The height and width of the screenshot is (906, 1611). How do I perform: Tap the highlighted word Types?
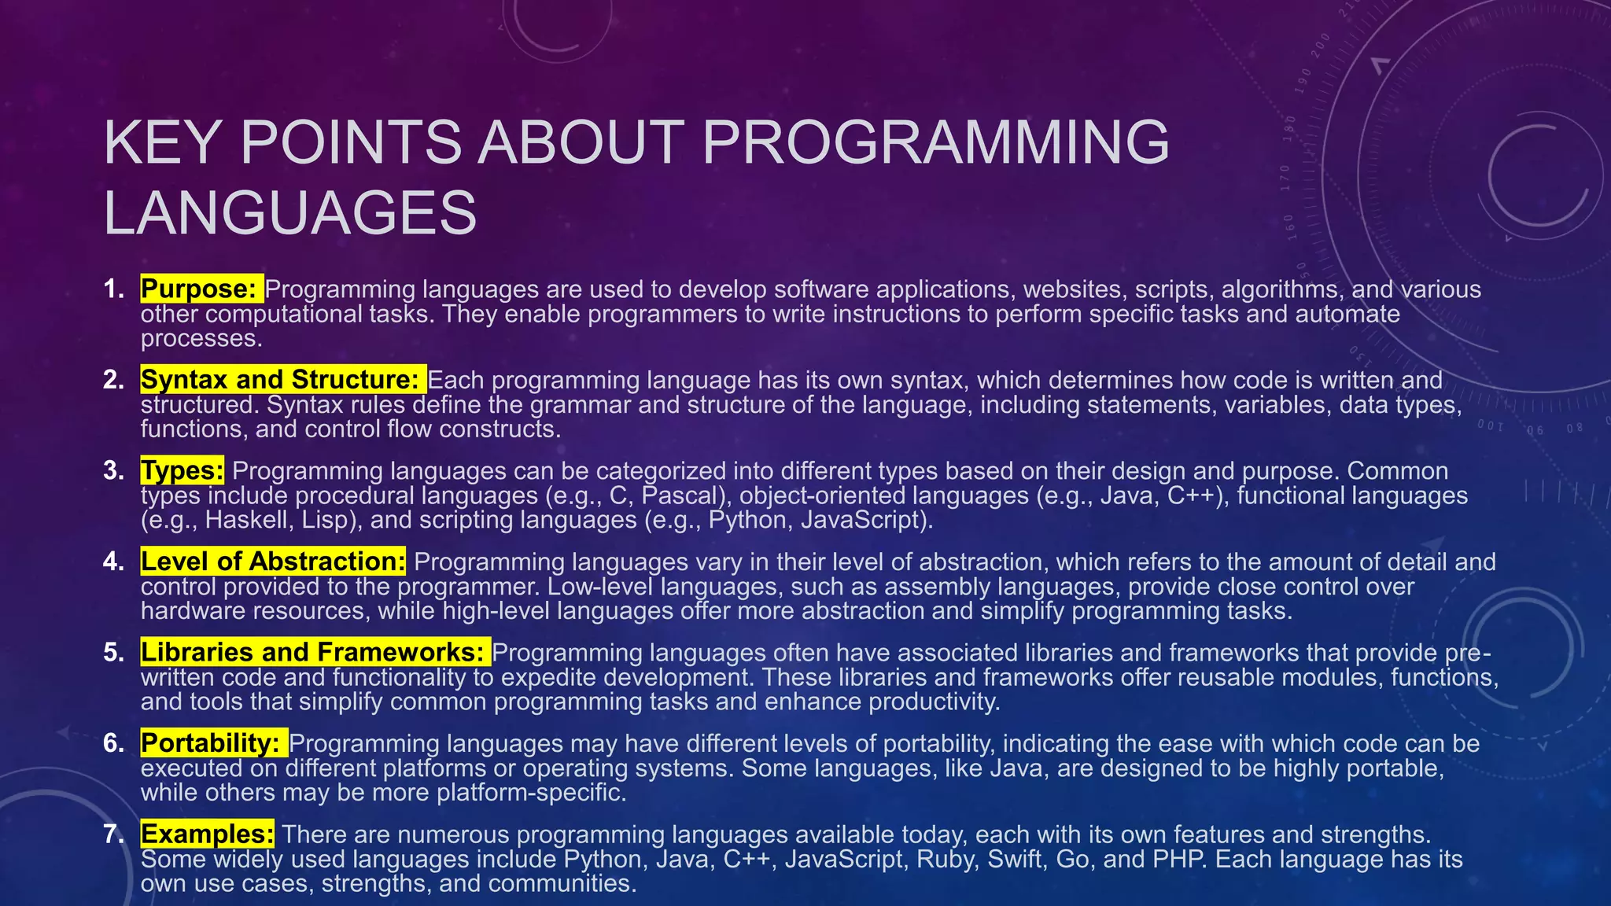(182, 471)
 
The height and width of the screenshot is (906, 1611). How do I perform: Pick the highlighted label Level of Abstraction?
(273, 562)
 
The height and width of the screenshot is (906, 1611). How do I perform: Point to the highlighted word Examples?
(208, 834)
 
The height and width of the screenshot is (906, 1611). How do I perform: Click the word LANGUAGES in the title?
(289, 213)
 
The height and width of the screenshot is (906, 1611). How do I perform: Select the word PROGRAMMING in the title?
(935, 142)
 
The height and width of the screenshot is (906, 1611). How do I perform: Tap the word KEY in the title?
(161, 142)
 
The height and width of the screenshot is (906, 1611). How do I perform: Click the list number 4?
(113, 562)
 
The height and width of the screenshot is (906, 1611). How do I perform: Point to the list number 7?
(113, 834)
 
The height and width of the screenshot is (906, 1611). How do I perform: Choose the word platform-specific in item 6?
(531, 792)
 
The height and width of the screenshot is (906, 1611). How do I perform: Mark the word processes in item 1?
(200, 339)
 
